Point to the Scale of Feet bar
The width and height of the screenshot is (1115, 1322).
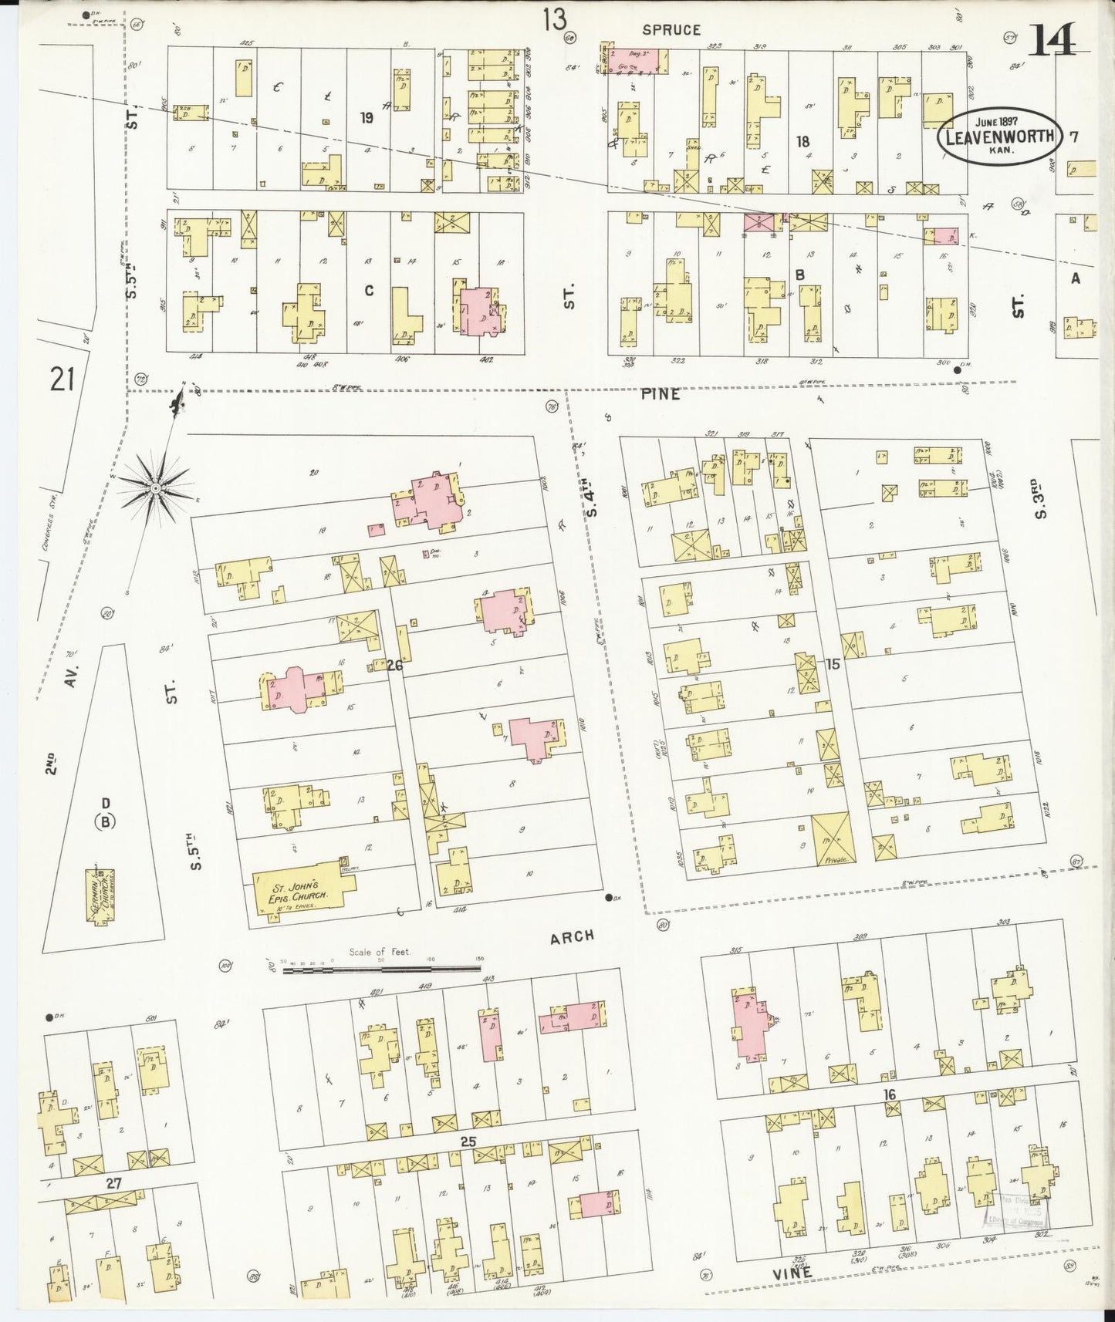pos(381,966)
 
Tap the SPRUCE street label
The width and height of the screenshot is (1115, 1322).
pos(671,29)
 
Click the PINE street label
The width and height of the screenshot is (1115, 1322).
pos(661,394)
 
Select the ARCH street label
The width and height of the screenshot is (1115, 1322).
pos(572,936)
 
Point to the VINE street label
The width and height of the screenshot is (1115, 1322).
pos(792,1273)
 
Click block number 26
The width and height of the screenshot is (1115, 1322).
pos(395,665)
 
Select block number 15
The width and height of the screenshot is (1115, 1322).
pos(832,664)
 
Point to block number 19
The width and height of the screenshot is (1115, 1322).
pos(367,117)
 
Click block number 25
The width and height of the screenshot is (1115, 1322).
pos(468,1142)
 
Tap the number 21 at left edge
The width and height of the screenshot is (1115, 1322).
pos(62,379)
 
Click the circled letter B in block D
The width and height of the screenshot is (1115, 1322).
pos(106,821)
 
